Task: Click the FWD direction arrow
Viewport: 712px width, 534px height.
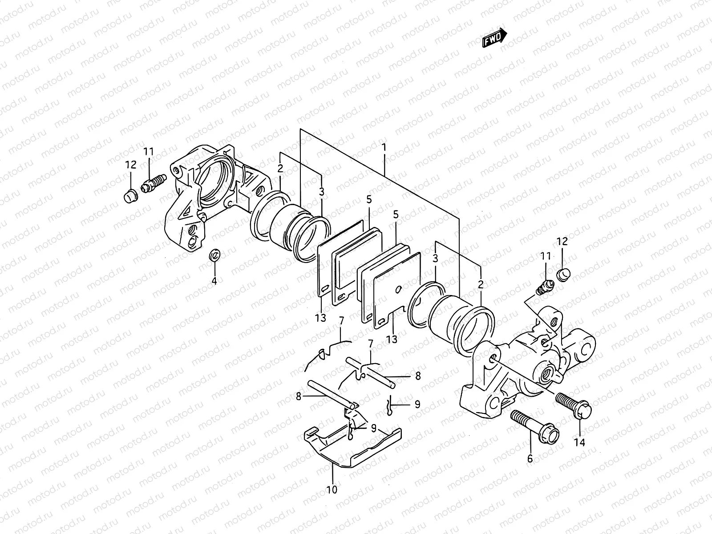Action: pos(494,37)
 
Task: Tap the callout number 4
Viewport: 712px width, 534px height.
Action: pos(214,281)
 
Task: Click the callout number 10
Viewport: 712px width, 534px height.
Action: pos(332,490)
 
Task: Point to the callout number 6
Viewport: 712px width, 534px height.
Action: pos(530,459)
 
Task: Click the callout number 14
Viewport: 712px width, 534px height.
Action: pos(580,443)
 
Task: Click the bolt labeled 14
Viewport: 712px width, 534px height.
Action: pos(574,403)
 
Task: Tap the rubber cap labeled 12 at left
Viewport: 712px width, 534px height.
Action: pos(130,195)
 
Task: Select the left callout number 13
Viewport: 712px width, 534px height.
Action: pos(320,318)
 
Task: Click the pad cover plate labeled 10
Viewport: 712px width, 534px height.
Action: pos(352,449)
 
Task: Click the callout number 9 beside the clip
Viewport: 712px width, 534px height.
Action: pos(417,405)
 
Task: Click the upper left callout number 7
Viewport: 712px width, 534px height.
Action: pos(341,320)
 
